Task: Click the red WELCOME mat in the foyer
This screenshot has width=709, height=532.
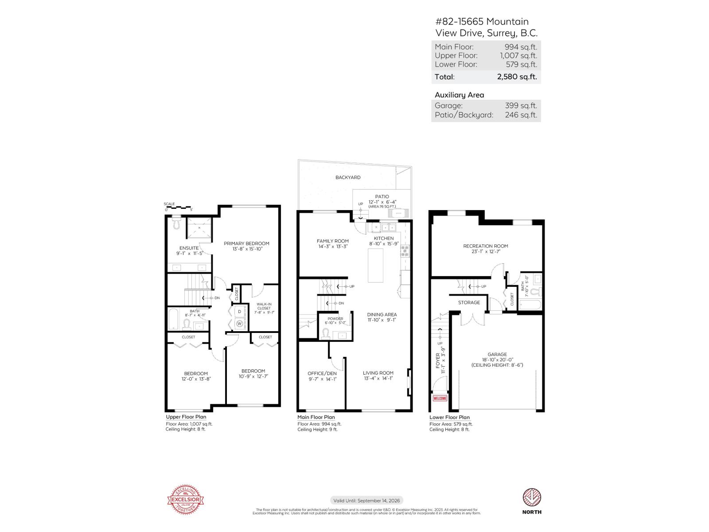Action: click(x=440, y=398)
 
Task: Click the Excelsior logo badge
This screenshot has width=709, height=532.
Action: click(x=185, y=501)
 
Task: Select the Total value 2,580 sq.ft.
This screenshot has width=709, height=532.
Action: click(x=517, y=77)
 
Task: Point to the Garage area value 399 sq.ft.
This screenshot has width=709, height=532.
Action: click(x=521, y=106)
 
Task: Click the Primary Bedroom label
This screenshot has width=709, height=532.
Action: click(x=246, y=243)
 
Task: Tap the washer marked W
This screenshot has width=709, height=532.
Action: click(x=240, y=324)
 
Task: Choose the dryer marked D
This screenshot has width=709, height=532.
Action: click(x=240, y=312)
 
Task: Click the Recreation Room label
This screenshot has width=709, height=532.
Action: click(x=486, y=246)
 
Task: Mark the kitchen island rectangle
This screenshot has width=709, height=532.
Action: click(x=376, y=265)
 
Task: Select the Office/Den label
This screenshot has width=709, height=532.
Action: click(x=322, y=373)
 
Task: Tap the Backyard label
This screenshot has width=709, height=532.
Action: click(x=348, y=177)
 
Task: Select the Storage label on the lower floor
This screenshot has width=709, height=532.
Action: click(x=469, y=302)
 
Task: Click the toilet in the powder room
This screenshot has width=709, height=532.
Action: click(x=326, y=333)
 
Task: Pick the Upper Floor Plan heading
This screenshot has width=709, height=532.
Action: click(x=186, y=417)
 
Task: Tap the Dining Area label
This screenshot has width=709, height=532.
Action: click(x=382, y=315)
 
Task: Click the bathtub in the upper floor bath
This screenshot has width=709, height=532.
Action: click(x=173, y=319)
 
